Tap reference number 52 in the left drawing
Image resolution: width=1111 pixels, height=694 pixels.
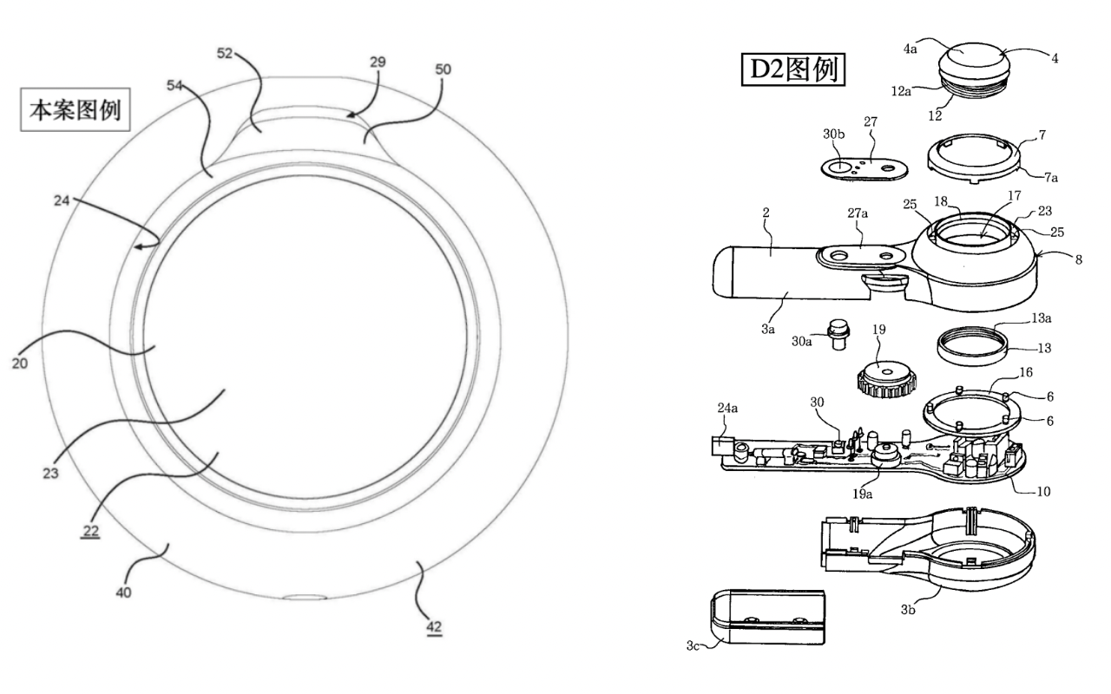pos(226,53)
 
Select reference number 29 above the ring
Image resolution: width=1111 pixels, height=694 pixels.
pos(377,62)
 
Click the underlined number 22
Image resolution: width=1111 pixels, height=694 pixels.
pos(90,530)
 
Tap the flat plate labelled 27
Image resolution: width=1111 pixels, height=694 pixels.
pos(859,165)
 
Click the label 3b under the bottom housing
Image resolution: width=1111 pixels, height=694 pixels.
pos(908,611)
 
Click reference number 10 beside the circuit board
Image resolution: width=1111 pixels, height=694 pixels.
pos(1043,491)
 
